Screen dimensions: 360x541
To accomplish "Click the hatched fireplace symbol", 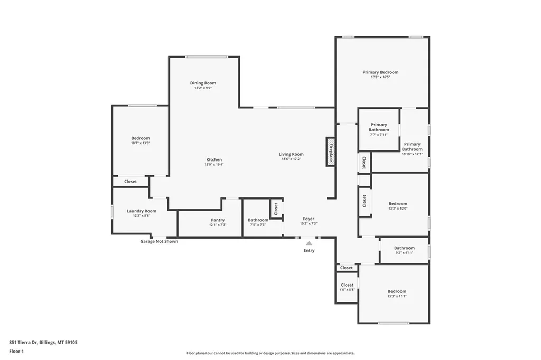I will tap(331, 152).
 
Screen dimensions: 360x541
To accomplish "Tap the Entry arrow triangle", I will tap(309, 243).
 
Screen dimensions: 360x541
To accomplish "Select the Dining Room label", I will tap(203, 83).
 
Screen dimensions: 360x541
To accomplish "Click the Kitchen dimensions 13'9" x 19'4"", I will tap(214, 165).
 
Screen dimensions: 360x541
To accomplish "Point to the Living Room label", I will tap(291, 154).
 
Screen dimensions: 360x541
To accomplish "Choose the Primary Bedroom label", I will tap(380, 72).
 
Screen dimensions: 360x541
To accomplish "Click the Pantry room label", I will tap(218, 220).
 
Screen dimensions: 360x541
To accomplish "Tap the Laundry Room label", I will tap(142, 211).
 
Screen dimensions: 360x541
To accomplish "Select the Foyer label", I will tap(309, 219).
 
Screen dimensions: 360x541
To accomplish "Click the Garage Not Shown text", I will tap(159, 241).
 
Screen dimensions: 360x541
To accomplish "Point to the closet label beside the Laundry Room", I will tap(130, 182).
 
